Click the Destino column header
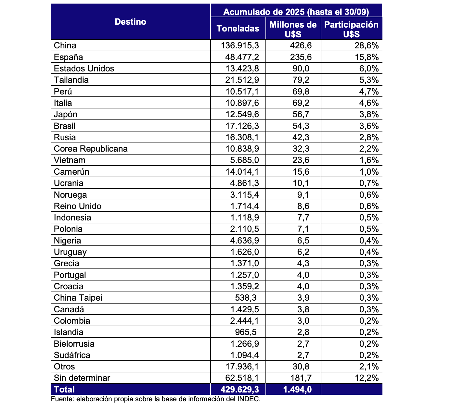coord(131,22)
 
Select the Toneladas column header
coord(238,29)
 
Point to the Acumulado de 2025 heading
coord(296,12)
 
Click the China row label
coord(65,46)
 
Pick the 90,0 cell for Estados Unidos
coord(301,69)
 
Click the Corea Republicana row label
coord(91,149)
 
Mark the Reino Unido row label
coord(78,206)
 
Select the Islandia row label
coord(69,332)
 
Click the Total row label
coord(64,390)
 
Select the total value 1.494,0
coord(298,390)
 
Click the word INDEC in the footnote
coord(250,399)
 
